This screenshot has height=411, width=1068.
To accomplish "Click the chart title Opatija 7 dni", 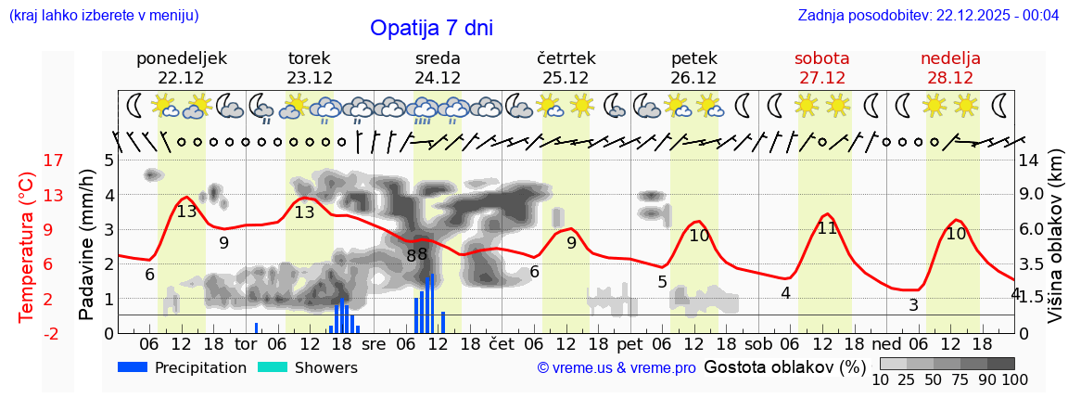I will tap(431, 28).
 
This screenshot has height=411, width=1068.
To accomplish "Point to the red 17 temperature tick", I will tap(28, 161).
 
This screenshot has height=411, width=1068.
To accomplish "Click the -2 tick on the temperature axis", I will tap(28, 333).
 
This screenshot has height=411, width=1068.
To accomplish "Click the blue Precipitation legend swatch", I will tap(133, 367).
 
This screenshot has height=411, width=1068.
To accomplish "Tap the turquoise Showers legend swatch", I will tap(273, 367).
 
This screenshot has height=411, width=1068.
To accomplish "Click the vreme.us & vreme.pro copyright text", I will tap(617, 368).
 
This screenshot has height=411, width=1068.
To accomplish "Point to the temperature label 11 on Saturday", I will tap(827, 228).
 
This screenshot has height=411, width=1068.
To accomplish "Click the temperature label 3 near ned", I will tap(913, 305).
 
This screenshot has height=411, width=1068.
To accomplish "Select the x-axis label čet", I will tap(501, 343).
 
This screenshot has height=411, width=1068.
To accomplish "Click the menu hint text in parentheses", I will tap(104, 16).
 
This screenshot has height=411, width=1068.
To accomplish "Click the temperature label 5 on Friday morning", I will tap(662, 282).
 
